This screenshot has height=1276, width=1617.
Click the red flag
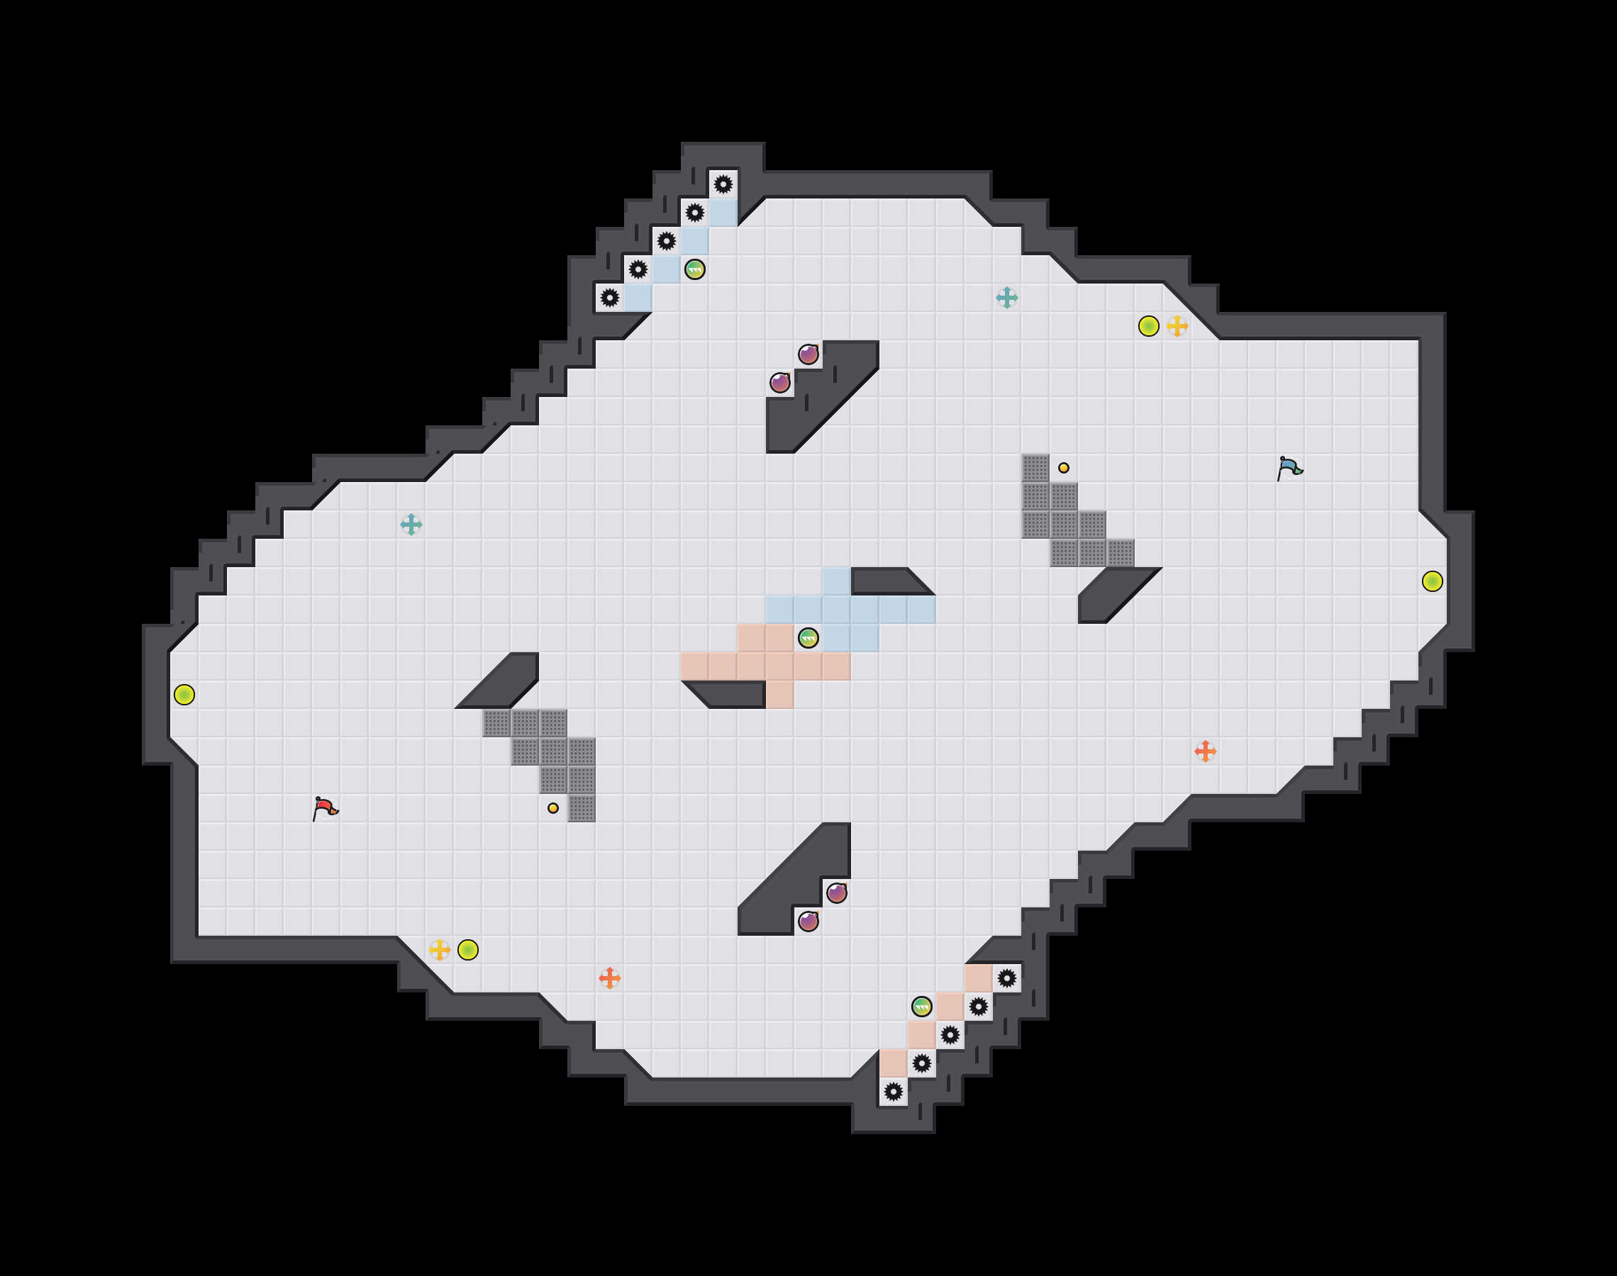325,808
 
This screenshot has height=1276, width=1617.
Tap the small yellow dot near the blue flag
1063,469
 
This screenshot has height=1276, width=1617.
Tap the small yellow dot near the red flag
553,808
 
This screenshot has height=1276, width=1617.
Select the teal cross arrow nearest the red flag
411,525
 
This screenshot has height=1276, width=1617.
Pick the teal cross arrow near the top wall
1006,298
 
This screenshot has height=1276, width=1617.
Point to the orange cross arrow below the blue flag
1205,751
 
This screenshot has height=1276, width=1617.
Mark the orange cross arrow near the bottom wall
610,978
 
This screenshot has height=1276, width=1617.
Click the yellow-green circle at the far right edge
1433,581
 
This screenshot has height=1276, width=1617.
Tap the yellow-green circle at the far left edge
184,695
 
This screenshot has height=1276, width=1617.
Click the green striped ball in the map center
808,638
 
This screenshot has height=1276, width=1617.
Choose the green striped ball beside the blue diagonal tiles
695,269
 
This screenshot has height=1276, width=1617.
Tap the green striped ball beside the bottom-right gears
922,1007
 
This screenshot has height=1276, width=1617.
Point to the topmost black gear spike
723,184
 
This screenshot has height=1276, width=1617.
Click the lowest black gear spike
894,1092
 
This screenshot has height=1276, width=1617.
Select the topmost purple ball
808,354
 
